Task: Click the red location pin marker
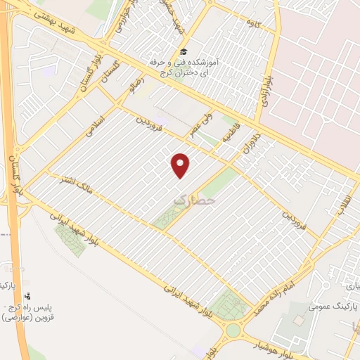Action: (x=181, y=165)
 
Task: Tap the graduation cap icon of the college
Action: (x=184, y=51)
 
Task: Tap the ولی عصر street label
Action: (x=201, y=122)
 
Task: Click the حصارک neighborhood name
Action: (x=191, y=200)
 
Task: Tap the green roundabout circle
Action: (x=233, y=330)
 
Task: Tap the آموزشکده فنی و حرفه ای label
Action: (x=186, y=67)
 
